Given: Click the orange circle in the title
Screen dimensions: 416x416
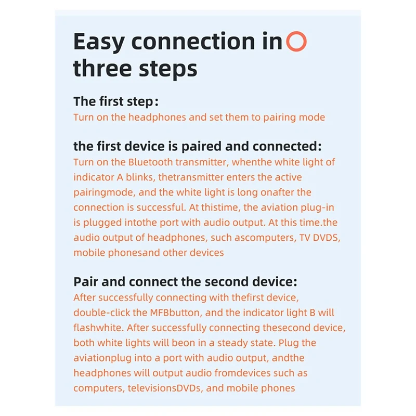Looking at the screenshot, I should coord(296,42).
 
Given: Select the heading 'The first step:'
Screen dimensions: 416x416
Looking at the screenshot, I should coord(116,101).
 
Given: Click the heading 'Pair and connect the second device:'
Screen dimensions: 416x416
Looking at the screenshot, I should coord(185,282).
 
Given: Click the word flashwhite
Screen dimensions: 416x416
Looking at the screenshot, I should coord(98,328).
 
